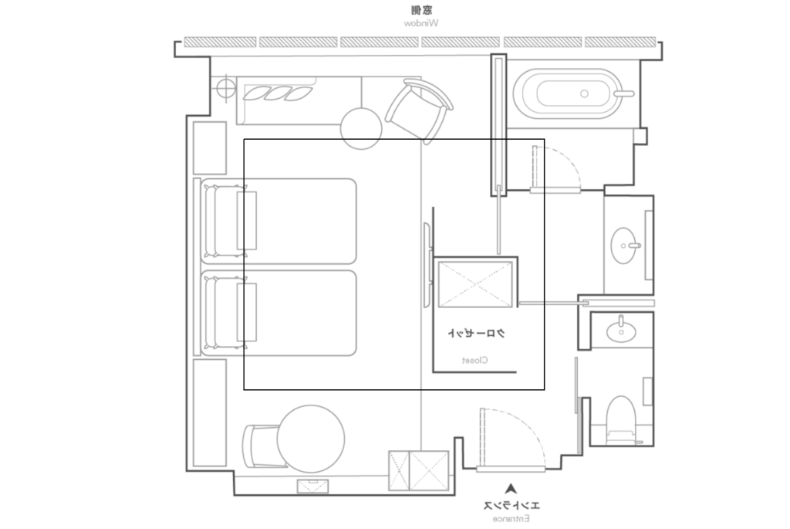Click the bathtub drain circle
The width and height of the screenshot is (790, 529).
click(585, 93)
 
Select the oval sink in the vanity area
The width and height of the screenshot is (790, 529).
click(624, 246)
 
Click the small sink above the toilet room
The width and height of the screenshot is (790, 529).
click(621, 331)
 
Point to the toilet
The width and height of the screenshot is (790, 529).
click(621, 421)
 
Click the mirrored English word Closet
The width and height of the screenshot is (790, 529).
click(474, 360)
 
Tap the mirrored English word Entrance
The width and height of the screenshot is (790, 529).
click(511, 518)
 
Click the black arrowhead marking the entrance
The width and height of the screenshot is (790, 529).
click(511, 488)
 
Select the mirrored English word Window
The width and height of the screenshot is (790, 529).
click(420, 23)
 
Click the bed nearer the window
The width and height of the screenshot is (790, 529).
click(279, 221)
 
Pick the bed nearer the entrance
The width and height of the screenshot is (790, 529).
click(279, 314)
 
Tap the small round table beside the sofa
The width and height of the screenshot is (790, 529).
click(361, 129)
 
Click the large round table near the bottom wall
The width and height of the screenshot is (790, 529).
click(311, 439)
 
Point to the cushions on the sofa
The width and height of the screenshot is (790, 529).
click(278, 93)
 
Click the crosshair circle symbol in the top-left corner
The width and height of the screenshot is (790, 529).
click(226, 88)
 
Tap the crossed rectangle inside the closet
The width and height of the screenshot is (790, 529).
click(475, 284)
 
